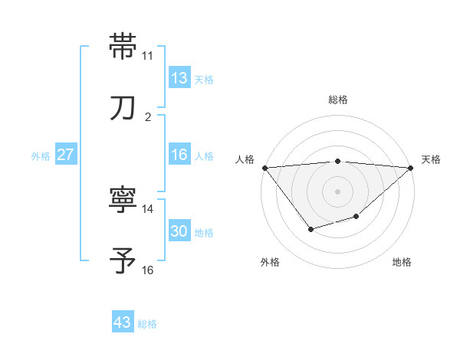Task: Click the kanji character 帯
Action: coord(123,47)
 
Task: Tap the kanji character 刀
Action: coord(123,108)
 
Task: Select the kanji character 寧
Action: coord(123,201)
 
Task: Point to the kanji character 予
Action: coord(123,262)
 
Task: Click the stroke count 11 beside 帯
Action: coord(147,56)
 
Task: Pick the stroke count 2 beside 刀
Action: coord(147,117)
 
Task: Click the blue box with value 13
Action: coord(179,78)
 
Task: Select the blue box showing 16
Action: coord(179,155)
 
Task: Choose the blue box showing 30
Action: coord(179,231)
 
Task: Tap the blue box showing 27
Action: coord(66,155)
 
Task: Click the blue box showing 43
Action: coord(123,323)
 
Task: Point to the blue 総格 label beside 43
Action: coord(147,324)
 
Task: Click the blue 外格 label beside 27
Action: coord(41,155)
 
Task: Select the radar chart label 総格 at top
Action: coord(337,100)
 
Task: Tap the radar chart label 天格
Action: coord(431,159)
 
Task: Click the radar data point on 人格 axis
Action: coord(264,168)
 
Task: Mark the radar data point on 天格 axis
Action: coord(411,168)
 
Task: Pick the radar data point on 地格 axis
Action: coord(356,217)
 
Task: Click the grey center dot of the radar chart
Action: coord(337,190)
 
